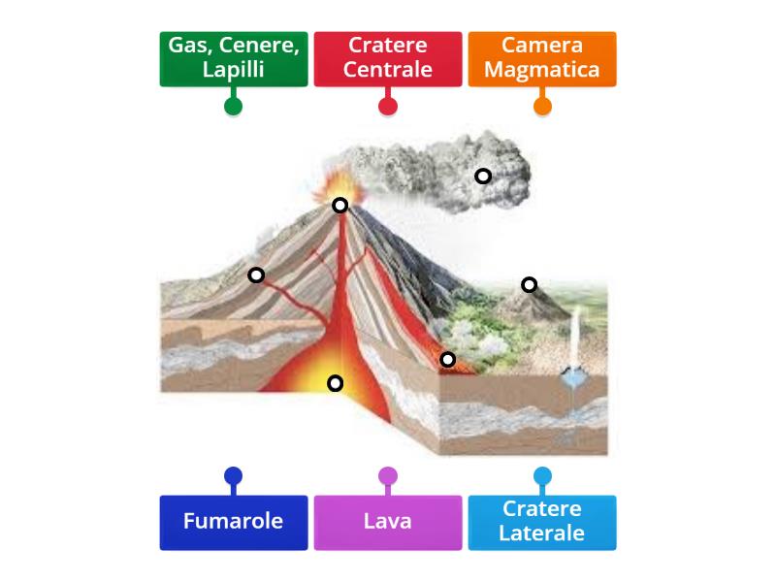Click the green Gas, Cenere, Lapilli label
coord(234,58)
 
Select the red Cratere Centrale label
coord(387,58)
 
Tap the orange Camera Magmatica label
coord(541,58)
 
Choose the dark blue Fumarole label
coord(234,522)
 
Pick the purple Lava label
coord(387,522)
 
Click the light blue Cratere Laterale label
coord(541,522)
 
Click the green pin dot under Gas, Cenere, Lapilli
coord(233,106)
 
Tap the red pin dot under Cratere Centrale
coord(387,106)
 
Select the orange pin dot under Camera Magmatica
coord(542,106)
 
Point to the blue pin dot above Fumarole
coord(233,476)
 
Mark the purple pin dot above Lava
coord(387,476)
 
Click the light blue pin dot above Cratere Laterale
coord(542,476)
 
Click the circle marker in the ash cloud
coord(482,176)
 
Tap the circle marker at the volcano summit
coord(340,205)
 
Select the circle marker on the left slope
coord(256,275)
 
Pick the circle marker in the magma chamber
coord(335,382)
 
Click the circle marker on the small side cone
coord(529,284)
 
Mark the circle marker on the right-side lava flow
coord(447,359)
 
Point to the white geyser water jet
coord(576,339)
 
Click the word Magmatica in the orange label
coord(541,70)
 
